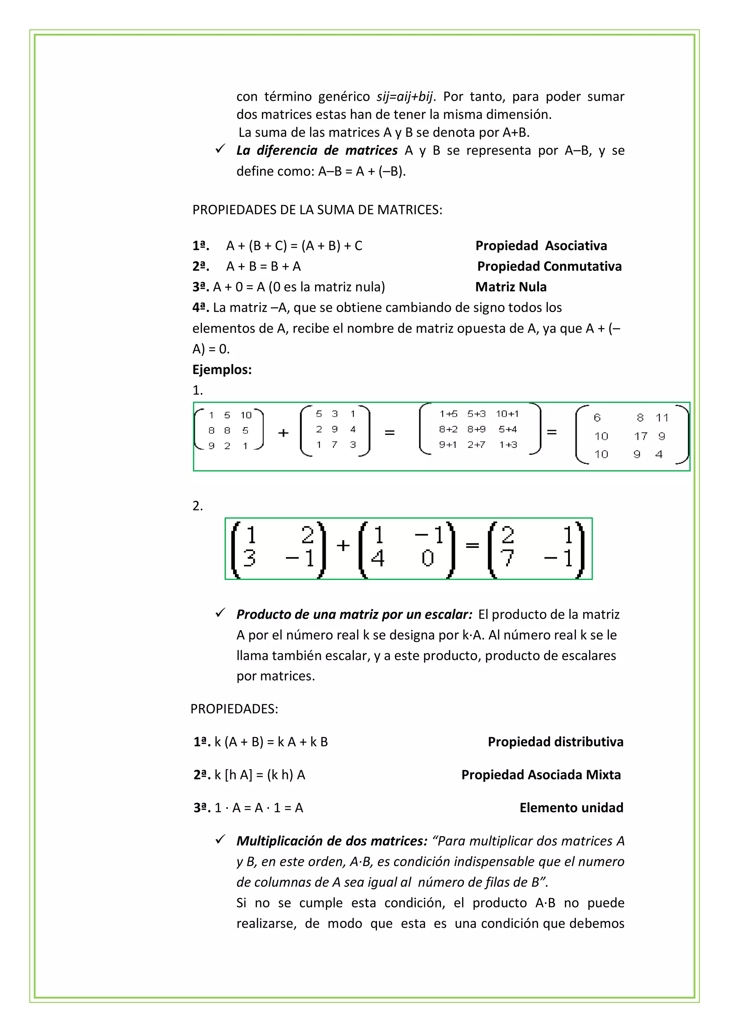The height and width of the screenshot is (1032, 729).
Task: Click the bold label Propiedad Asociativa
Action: pos(541,245)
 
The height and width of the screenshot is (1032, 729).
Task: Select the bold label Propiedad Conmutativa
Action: pos(549,266)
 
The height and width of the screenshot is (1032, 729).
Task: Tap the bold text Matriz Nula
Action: pos(511,287)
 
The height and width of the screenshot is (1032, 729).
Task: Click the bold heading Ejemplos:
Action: pos(222,369)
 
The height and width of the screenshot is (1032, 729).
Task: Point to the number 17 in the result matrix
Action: pos(640,436)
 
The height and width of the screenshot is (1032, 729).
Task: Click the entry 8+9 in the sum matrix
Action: pos(476,429)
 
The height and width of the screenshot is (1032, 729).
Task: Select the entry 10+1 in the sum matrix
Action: pos(507,414)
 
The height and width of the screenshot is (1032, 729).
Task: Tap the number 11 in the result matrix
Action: pos(662,418)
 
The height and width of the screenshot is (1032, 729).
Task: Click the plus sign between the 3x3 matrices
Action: pos(283,433)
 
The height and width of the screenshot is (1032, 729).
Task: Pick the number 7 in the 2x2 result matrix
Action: pos(507,558)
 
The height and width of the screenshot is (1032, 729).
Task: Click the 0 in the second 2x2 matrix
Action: pos(427,558)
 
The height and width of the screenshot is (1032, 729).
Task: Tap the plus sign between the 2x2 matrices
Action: pos(343,545)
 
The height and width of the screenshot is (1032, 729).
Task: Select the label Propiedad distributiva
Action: pos(555,742)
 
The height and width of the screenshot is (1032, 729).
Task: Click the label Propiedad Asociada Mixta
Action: pos(541,774)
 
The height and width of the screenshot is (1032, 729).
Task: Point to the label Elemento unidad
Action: pos(571,808)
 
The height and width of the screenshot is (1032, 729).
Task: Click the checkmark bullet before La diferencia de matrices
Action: pos(220,149)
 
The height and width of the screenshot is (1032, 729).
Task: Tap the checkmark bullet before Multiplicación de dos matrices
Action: pos(220,840)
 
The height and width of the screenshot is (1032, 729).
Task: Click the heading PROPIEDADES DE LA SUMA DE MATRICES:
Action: pos(317,210)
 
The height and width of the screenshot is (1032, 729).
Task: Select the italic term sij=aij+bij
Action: pos(405,97)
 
